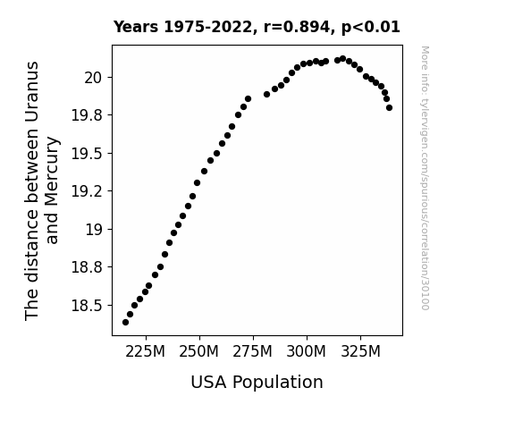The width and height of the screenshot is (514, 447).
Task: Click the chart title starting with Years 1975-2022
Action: tap(257, 27)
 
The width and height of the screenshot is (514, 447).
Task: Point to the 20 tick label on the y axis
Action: tap(94, 78)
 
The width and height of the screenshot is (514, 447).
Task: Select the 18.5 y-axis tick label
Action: tap(87, 306)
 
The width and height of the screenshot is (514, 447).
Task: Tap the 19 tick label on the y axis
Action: tap(94, 230)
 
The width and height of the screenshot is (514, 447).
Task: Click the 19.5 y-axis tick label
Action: tap(87, 154)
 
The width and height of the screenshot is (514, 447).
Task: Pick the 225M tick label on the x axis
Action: tap(145, 352)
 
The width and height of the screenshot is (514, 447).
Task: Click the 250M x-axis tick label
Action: tap(199, 352)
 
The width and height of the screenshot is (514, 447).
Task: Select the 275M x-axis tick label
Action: tap(253, 352)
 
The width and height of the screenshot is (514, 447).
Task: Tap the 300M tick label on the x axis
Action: tap(307, 352)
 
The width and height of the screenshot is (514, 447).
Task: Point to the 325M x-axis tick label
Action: tap(360, 352)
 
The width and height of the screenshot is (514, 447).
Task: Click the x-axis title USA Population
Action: tap(257, 383)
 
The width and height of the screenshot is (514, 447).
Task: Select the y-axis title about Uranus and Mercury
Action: tap(42, 190)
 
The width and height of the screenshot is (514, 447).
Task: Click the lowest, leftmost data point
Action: tap(125, 323)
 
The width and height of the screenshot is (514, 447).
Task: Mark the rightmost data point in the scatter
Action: tap(389, 107)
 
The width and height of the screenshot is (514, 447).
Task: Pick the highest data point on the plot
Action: tap(343, 59)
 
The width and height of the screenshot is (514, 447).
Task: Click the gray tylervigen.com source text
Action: tap(426, 178)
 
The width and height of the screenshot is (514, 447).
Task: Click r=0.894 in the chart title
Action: tap(297, 27)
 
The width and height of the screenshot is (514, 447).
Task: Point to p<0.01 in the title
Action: tap(371, 27)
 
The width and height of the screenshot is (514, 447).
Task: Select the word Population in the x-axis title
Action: tap(278, 383)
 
